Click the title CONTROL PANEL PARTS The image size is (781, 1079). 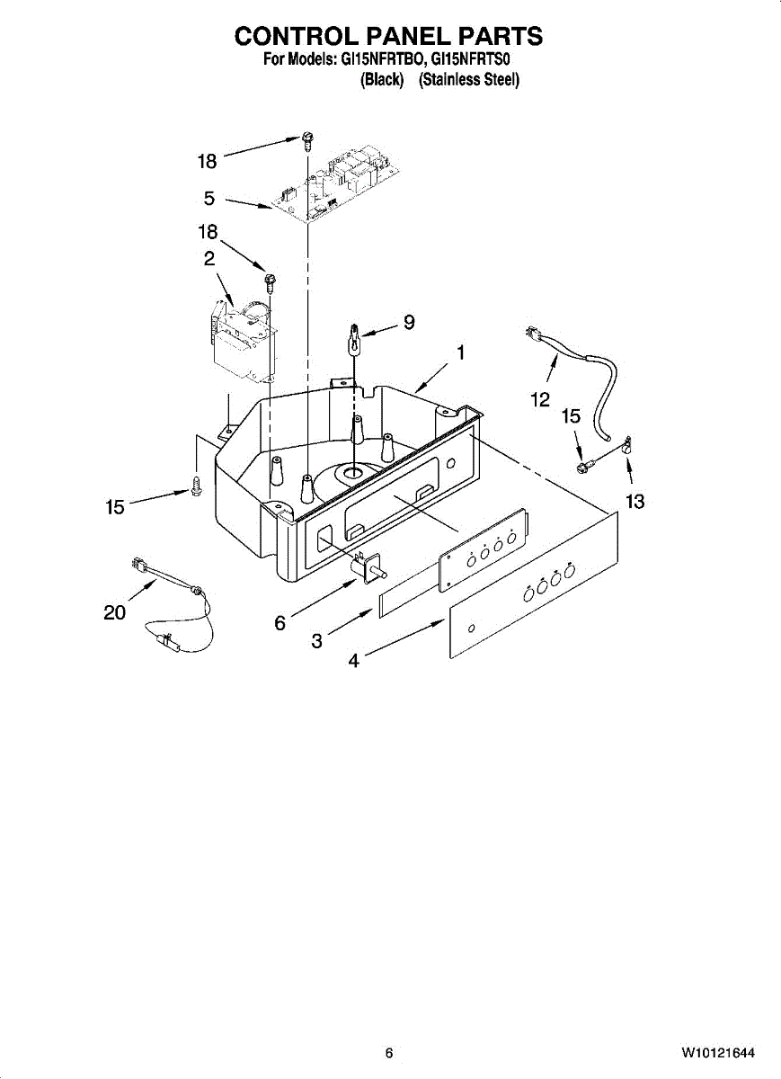coord(388,36)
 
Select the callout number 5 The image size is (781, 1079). coord(209,199)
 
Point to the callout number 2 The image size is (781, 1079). coord(209,258)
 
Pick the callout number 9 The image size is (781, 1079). coord(409,322)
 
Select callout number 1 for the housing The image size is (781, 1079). coord(460,353)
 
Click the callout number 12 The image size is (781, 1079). coord(539,400)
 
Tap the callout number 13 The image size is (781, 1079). coord(635,502)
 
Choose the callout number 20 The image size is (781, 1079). coord(114,612)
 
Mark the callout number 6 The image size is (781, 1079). coord(280,622)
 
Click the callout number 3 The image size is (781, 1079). coord(317,641)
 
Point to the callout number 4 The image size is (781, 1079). coord(354,661)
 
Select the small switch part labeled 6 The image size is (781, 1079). coord(369,565)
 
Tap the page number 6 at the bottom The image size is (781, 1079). coord(389,1053)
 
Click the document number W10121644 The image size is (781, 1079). coord(716,1053)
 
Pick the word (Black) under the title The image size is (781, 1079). coord(381,79)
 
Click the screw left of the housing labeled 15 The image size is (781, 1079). coord(195,486)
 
